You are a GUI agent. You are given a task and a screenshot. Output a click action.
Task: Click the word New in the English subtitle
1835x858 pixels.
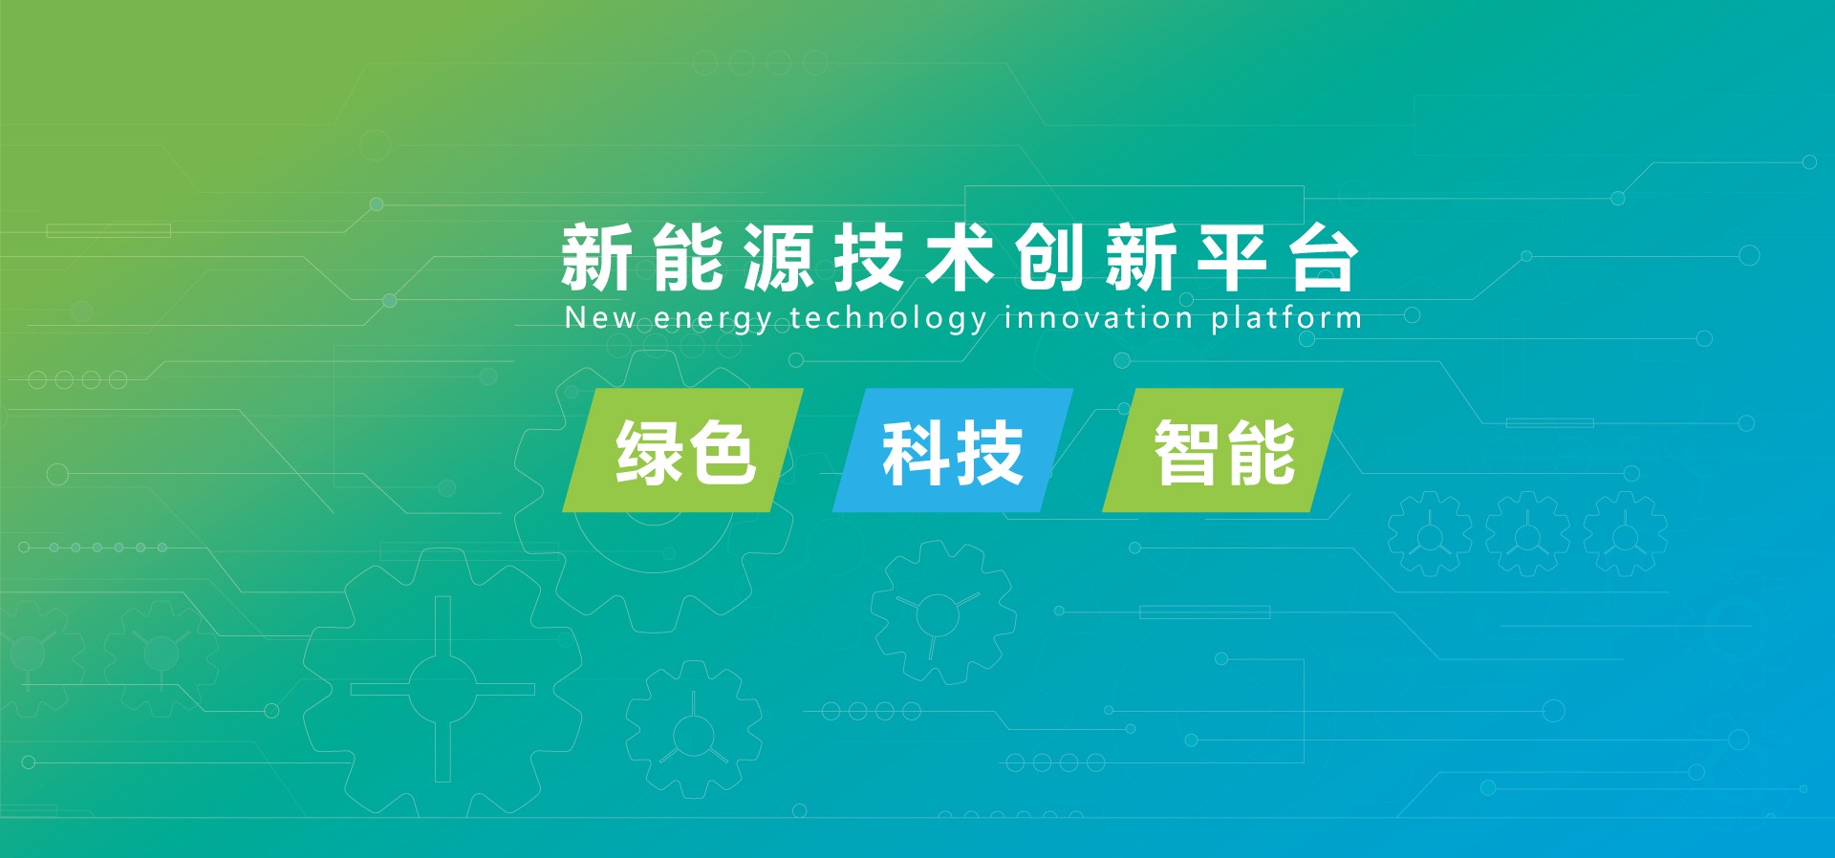click(600, 317)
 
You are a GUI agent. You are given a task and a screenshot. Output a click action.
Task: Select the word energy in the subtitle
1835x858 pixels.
click(713, 320)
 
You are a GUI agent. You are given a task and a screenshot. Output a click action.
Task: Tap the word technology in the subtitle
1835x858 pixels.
click(888, 318)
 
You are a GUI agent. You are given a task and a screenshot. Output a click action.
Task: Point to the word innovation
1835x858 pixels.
click(1098, 317)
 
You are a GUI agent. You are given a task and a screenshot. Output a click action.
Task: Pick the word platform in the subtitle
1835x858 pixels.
click(1286, 318)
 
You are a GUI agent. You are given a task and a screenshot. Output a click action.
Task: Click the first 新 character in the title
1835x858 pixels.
click(596, 257)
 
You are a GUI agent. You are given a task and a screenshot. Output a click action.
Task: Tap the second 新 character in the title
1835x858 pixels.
click(1141, 257)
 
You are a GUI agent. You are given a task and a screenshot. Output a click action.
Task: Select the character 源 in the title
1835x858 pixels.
click(778, 257)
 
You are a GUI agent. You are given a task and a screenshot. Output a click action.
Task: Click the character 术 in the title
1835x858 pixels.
click(960, 257)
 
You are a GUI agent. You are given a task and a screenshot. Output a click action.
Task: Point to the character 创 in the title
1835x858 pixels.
click(1050, 257)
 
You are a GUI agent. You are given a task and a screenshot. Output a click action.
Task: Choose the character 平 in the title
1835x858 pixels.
click(1232, 257)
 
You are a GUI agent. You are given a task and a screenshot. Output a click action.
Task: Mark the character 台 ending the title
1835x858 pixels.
click(1324, 257)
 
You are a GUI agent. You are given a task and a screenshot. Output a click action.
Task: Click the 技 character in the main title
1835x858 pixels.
click(869, 257)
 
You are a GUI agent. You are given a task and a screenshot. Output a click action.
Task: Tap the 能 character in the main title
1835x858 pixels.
click(687, 257)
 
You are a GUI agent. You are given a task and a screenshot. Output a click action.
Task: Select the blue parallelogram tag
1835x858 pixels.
click(953, 450)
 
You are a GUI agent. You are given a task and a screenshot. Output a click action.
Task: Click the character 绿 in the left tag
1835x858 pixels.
click(649, 453)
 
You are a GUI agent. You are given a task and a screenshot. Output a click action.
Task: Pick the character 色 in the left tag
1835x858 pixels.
click(722, 453)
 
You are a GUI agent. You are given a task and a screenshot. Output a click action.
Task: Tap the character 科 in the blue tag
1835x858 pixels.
click(917, 453)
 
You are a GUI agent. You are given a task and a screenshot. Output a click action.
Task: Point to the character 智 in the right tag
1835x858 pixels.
click(1189, 453)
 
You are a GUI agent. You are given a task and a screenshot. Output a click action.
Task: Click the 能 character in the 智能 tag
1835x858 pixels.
click(1262, 453)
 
